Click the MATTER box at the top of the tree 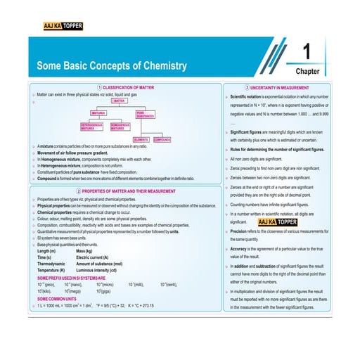(x=119, y=101)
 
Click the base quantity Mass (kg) (x=84, y=251)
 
